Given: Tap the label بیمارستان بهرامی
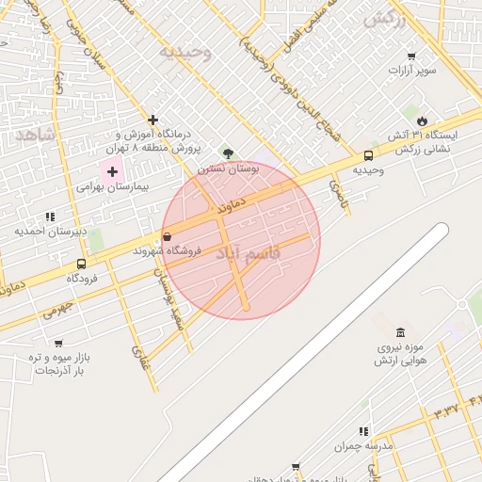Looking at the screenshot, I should (113, 187).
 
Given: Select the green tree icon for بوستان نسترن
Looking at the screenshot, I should (227, 153).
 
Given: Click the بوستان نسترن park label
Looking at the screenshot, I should (227, 169).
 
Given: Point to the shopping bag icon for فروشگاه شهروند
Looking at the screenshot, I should (168, 236).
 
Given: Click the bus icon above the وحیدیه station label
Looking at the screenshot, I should (367, 156).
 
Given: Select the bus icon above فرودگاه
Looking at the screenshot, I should (82, 265).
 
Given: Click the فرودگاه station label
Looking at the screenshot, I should (83, 279).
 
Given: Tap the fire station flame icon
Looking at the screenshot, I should (422, 120).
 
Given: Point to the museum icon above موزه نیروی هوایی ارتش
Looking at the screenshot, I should (401, 332).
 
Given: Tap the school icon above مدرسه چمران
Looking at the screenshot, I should (363, 431).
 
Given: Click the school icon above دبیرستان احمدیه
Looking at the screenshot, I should (50, 217).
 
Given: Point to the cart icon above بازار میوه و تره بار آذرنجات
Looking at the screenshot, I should (58, 344).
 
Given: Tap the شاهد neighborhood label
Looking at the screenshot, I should (35, 136).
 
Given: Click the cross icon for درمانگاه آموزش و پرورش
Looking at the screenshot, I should (152, 120).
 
